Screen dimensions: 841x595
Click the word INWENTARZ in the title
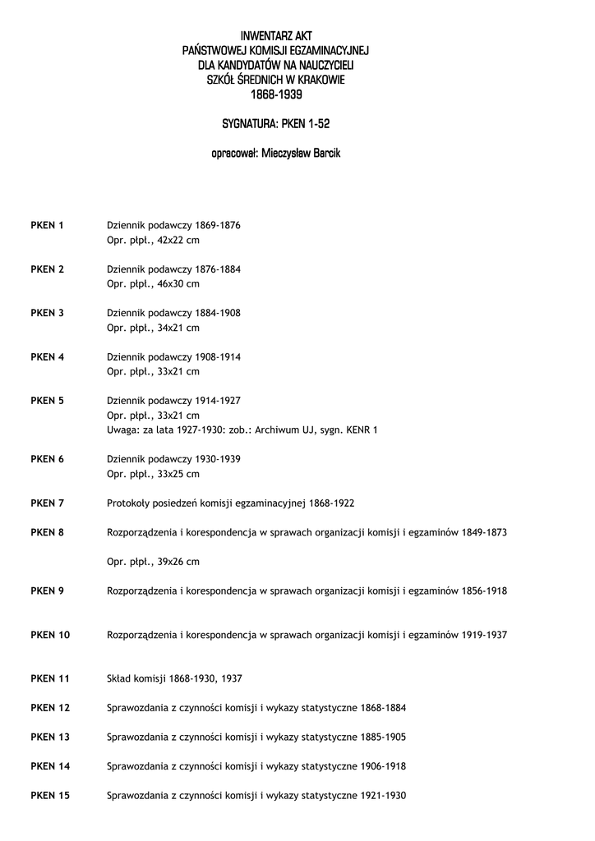[x=257, y=37]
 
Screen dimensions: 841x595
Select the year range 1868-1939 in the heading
[x=276, y=94]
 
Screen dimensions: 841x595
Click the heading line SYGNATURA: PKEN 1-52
[x=276, y=124]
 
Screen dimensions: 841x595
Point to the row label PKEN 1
[x=47, y=226]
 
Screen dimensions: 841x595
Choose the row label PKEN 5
[x=47, y=401]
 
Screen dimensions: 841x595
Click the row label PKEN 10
[x=50, y=635]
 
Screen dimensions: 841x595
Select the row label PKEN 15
[x=50, y=795]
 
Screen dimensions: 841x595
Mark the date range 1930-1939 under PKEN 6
[x=218, y=459]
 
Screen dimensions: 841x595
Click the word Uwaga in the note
[x=122, y=430]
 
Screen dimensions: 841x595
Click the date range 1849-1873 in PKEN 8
[x=484, y=532]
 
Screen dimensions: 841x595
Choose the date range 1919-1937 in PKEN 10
[x=484, y=635]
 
